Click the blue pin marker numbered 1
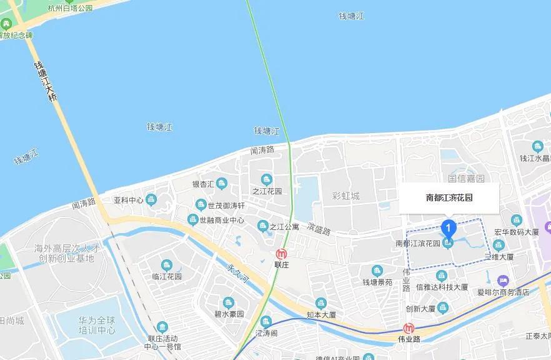pyautogui.click(x=447, y=228)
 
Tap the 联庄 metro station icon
pyautogui.click(x=282, y=254)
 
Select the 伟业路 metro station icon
pyautogui.click(x=409, y=328)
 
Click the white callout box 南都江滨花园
pyautogui.click(x=449, y=197)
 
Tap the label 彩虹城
pyautogui.click(x=345, y=196)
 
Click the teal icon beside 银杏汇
pyautogui.click(x=221, y=183)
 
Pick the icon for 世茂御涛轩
pyautogui.click(x=201, y=204)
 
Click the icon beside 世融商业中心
pyautogui.click(x=192, y=219)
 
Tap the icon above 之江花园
pyautogui.click(x=267, y=180)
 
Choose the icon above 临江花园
pyautogui.click(x=166, y=265)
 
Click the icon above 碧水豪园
pyautogui.click(x=229, y=302)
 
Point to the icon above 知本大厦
pyautogui.click(x=321, y=304)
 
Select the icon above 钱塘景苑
pyautogui.click(x=377, y=271)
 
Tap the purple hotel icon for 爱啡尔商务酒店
pyautogui.click(x=503, y=281)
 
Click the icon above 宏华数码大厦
pyautogui.click(x=516, y=220)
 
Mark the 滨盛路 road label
pyautogui.click(x=319, y=230)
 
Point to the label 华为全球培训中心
pyautogui.click(x=97, y=325)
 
